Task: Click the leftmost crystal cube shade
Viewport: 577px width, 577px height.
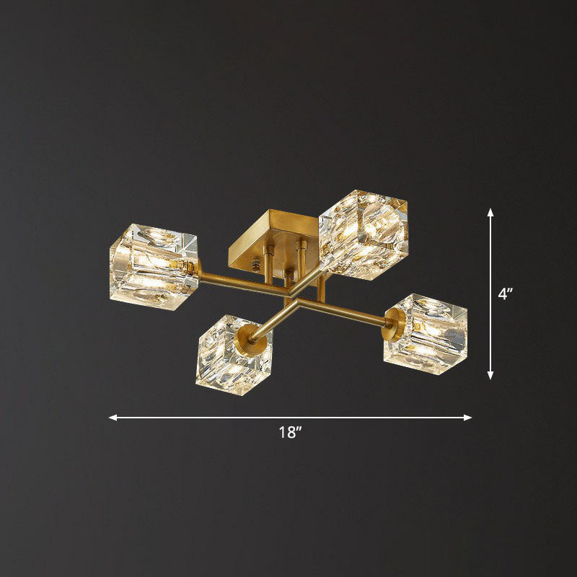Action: click(152, 265)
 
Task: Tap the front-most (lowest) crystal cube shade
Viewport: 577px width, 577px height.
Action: click(230, 351)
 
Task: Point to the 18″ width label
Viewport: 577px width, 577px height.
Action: click(290, 433)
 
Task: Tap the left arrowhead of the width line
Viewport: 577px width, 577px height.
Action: click(113, 417)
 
